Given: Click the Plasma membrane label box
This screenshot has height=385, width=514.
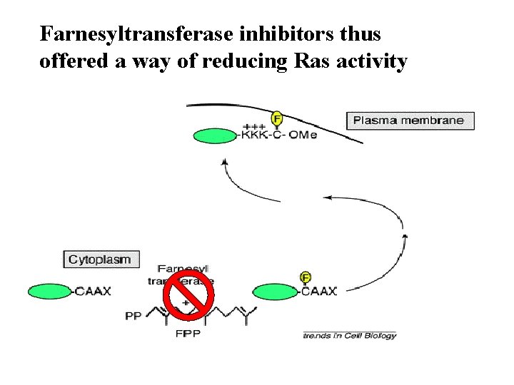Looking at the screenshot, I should click(408, 120).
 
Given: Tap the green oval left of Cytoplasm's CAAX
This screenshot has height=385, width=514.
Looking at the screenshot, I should click(49, 291).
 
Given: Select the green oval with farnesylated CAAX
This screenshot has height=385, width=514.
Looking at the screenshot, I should click(275, 291).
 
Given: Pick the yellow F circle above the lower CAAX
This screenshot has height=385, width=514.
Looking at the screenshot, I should click(306, 277).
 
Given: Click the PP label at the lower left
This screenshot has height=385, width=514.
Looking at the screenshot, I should click(133, 316).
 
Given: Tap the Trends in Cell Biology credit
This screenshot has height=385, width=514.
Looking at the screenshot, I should click(349, 335).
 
